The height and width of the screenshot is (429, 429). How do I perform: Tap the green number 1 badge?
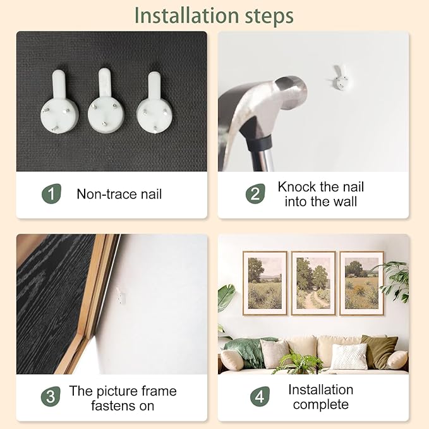click(x=51, y=194)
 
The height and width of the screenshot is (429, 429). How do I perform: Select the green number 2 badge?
click(x=255, y=194)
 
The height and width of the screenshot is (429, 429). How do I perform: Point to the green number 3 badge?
click(x=51, y=396)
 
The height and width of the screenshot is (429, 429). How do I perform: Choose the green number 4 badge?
click(x=260, y=396)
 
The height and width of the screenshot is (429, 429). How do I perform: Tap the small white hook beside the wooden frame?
click(x=121, y=295)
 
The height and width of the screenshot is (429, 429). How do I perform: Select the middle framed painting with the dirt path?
click(x=313, y=283)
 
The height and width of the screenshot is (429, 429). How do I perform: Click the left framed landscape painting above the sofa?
click(x=265, y=283)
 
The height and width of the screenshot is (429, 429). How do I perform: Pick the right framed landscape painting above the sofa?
click(x=361, y=283)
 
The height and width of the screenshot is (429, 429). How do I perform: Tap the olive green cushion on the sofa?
click(x=379, y=351)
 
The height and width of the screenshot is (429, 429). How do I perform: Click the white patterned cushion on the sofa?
click(x=349, y=356)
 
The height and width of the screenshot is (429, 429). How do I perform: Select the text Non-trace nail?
click(x=119, y=194)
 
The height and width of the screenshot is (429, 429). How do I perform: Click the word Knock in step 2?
click(x=297, y=187)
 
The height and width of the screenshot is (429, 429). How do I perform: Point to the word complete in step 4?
click(x=321, y=404)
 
